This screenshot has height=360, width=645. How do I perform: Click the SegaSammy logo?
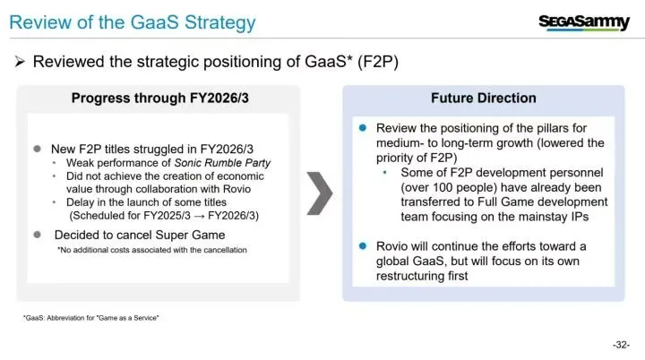(x=584, y=23)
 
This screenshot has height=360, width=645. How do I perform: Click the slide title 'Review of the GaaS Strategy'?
(x=133, y=23)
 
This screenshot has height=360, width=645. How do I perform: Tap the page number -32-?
(x=621, y=345)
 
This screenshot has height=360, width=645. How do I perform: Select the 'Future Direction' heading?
(x=484, y=98)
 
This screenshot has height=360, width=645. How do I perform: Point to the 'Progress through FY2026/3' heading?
(x=160, y=98)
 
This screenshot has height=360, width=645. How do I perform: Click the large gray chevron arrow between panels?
(x=320, y=193)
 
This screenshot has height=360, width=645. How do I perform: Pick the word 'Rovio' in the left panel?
(x=236, y=189)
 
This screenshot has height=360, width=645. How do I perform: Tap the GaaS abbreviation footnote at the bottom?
(x=90, y=318)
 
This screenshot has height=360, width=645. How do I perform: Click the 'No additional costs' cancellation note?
(x=151, y=250)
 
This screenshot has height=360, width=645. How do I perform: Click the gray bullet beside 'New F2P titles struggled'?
(x=37, y=149)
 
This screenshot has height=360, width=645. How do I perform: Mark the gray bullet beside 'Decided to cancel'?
(x=37, y=235)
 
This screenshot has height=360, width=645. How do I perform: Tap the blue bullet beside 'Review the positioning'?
(x=363, y=127)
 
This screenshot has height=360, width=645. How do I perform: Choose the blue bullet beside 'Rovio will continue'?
(x=363, y=246)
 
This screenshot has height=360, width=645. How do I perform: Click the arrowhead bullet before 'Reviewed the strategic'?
(x=20, y=62)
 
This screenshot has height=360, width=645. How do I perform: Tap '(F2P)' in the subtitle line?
(x=378, y=62)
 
